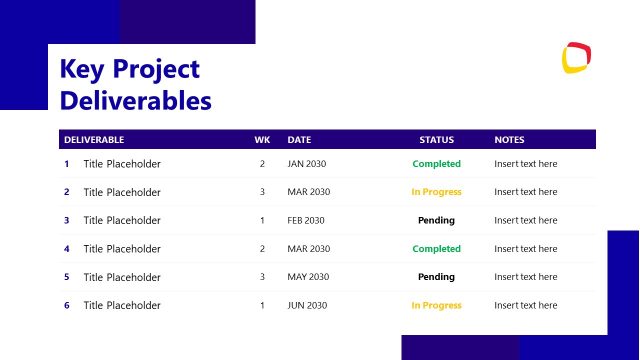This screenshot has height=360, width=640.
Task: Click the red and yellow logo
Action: point(577,58)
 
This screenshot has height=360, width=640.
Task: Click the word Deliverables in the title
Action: point(135,101)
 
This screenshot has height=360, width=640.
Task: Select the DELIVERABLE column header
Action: point(94,140)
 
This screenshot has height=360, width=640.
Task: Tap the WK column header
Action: point(262,140)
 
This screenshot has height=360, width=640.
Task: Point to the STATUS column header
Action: point(436,140)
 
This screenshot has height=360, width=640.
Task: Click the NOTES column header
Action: point(509,140)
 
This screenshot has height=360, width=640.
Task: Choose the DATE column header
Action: point(299,140)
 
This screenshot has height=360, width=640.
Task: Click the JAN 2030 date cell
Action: point(306,164)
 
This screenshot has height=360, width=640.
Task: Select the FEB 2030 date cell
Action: point(306,220)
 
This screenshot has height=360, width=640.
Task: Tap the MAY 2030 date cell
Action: point(307,277)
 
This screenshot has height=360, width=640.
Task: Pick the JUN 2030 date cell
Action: point(306,305)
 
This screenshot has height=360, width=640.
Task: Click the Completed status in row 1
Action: point(436,164)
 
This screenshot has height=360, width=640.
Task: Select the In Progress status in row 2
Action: point(436,192)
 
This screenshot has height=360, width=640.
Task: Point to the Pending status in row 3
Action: point(436,220)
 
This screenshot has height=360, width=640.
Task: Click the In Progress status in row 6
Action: point(436,305)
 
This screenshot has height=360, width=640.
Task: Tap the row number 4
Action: point(67,249)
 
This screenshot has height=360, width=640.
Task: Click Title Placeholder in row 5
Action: point(122,277)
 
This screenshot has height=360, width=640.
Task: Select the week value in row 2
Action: point(262,192)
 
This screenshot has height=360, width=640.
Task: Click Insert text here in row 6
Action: point(526,305)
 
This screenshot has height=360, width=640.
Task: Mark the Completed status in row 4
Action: point(436,249)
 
